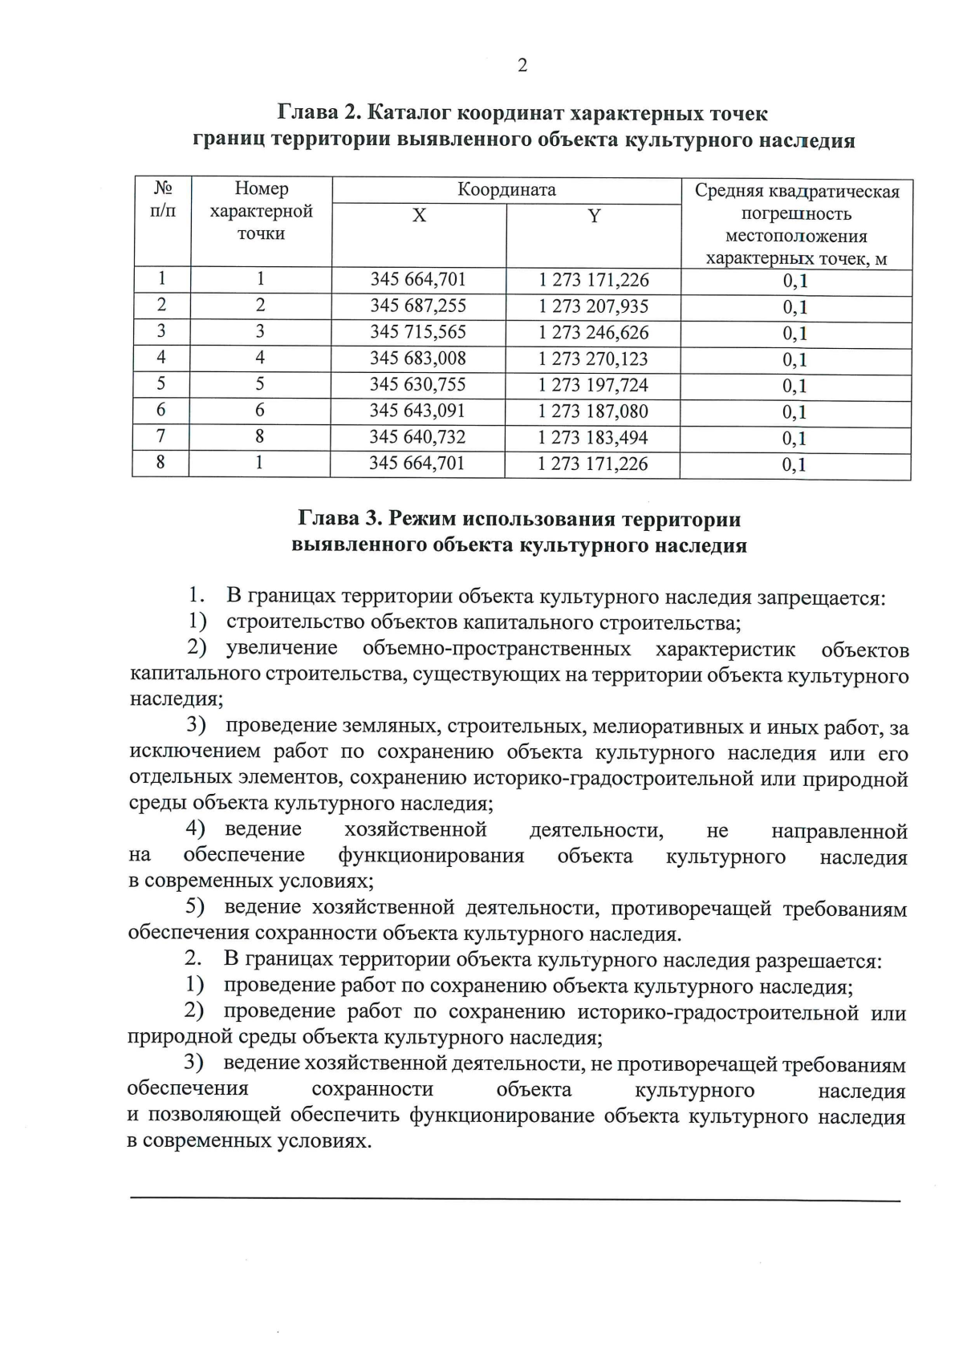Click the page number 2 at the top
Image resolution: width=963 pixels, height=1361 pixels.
click(x=522, y=66)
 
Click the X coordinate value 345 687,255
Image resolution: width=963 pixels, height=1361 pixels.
click(x=417, y=306)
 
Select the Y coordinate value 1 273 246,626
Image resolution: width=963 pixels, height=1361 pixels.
click(x=593, y=333)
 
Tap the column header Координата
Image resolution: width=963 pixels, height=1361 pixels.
click(x=506, y=190)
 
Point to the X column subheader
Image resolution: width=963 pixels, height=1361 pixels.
click(x=419, y=217)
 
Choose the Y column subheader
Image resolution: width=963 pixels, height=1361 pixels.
click(x=594, y=217)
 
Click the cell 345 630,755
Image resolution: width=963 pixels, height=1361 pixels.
click(x=417, y=385)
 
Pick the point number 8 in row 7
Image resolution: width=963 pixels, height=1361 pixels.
click(x=260, y=437)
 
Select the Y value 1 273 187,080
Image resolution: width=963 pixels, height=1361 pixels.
click(x=593, y=411)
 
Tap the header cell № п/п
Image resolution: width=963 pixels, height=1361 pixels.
click(x=163, y=200)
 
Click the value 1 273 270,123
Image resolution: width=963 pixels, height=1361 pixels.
click(x=593, y=359)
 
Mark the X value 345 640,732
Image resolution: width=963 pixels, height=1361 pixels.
click(x=417, y=437)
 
